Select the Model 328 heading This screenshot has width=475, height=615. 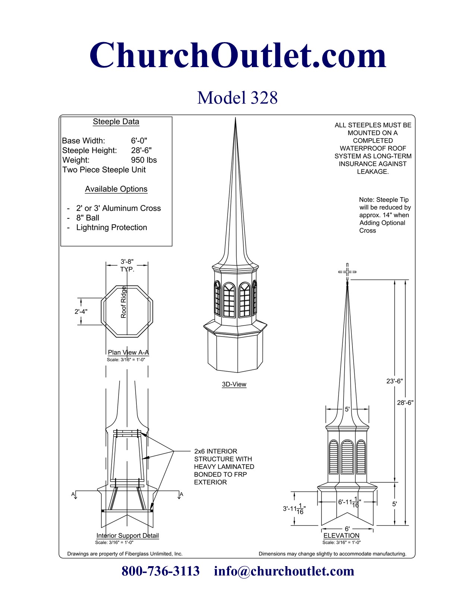pyautogui.click(x=237, y=98)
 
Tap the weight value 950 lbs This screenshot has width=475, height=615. pyautogui.click(x=144, y=160)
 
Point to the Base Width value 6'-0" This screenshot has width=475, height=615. pyautogui.click(x=139, y=141)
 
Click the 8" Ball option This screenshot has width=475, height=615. pyautogui.click(x=88, y=218)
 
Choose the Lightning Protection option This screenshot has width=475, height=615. pyautogui.click(x=111, y=228)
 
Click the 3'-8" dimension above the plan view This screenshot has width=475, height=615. pyautogui.click(x=127, y=262)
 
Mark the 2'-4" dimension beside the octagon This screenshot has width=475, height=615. pyautogui.click(x=81, y=312)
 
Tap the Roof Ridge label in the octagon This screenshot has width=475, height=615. pyautogui.click(x=124, y=302)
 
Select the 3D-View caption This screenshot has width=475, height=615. pyautogui.click(x=234, y=384)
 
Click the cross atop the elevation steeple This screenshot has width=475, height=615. pyautogui.click(x=347, y=272)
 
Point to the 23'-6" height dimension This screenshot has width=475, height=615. pyautogui.click(x=395, y=381)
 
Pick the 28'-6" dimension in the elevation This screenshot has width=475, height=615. pyautogui.click(x=405, y=403)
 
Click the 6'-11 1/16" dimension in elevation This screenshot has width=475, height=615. pyautogui.click(x=349, y=502)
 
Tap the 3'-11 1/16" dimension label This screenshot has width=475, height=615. pyautogui.click(x=294, y=509)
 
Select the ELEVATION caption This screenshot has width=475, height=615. pyautogui.click(x=341, y=536)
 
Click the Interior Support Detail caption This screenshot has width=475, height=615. pyautogui.click(x=127, y=536)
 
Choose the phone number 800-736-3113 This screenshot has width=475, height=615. pyautogui.click(x=161, y=571)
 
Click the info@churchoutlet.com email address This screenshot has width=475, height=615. pyautogui.click(x=284, y=571)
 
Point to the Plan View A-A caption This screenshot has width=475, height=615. pyautogui.click(x=128, y=352)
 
